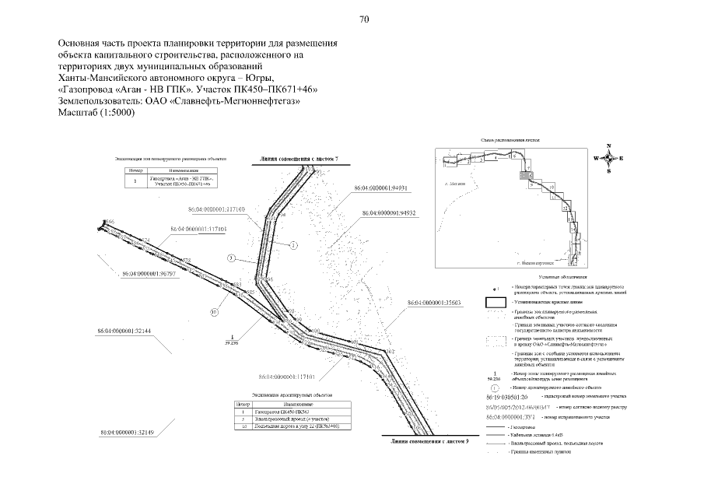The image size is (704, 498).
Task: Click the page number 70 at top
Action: coord(364,19)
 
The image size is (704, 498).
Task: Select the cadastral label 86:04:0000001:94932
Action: coord(390,212)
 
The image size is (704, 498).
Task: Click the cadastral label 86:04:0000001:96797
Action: coord(149,274)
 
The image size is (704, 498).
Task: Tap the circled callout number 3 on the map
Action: coord(231,257)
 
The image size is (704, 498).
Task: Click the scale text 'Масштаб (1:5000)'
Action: coord(96,112)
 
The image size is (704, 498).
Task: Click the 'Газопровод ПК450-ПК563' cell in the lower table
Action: coord(289,412)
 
